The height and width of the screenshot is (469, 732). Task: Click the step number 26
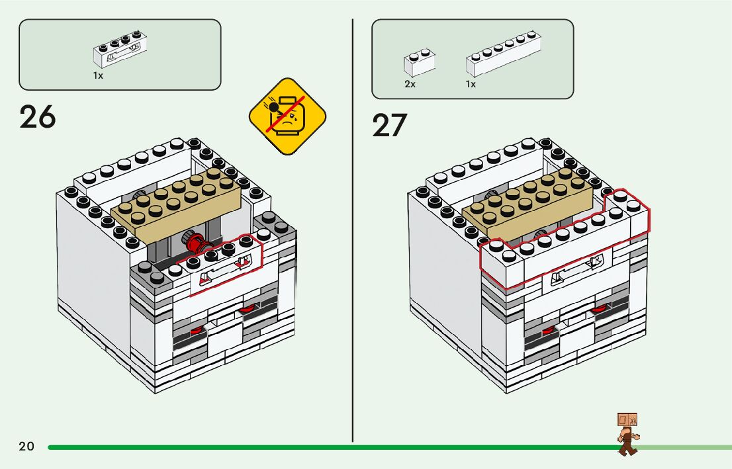(x=38, y=117)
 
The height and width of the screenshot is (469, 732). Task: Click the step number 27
(x=390, y=125)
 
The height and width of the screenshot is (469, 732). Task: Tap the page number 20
(x=26, y=447)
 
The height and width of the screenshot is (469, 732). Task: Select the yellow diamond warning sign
(x=287, y=116)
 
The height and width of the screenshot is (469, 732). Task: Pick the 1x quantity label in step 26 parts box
(x=98, y=76)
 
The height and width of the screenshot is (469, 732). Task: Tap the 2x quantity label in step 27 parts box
(x=410, y=85)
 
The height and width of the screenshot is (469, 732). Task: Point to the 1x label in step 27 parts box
(x=471, y=85)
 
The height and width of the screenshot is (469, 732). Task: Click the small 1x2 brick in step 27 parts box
(x=419, y=64)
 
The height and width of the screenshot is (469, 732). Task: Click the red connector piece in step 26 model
(x=196, y=243)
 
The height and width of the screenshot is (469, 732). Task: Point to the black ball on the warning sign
(x=274, y=106)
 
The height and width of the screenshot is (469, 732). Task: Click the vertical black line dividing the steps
(x=352, y=232)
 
